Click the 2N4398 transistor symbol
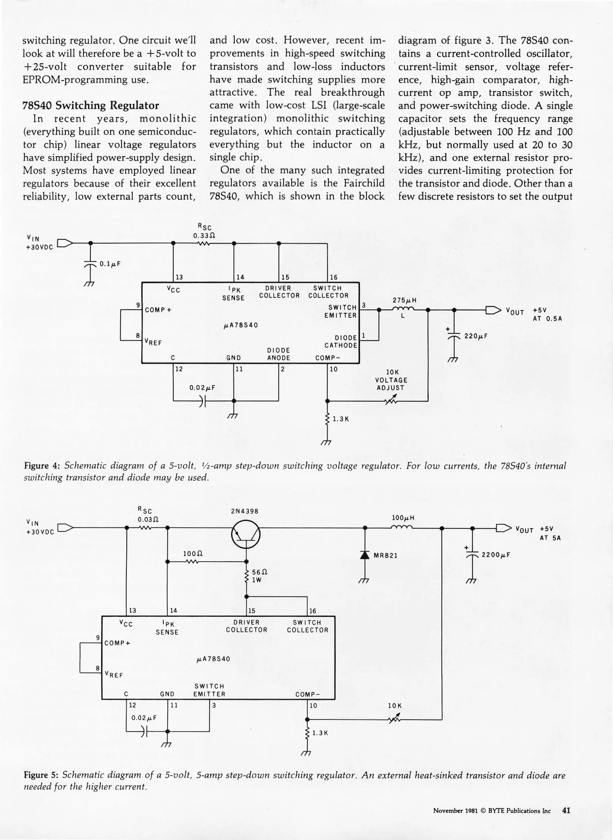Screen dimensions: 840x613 246,535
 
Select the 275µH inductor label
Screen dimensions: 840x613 405,300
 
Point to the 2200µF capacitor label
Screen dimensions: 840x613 496,555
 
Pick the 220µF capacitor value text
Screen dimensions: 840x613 475,336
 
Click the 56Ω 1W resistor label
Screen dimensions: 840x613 259,576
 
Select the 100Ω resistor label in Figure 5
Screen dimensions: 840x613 193,553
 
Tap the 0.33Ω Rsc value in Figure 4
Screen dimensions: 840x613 204,236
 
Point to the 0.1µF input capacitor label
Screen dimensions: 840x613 110,264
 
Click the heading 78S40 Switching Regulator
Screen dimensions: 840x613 91,105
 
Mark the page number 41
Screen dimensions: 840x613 566,811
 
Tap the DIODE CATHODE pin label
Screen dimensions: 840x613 341,341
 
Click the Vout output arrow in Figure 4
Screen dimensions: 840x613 494,310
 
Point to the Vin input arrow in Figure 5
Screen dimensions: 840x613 65,528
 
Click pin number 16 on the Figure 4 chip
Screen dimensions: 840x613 334,277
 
